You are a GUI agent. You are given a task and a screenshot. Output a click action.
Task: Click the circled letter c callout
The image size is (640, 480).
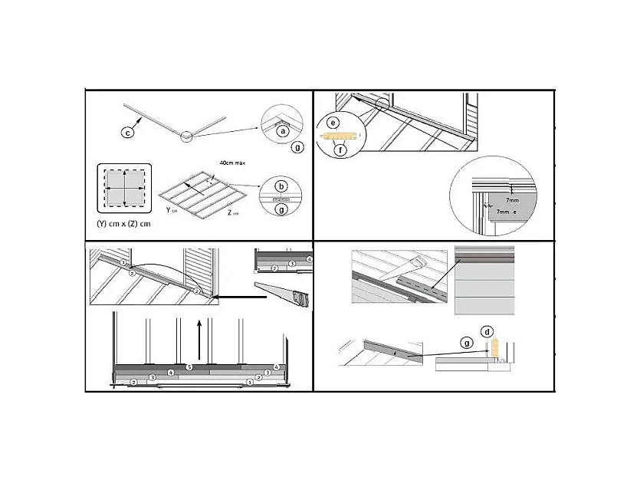coord(128,133)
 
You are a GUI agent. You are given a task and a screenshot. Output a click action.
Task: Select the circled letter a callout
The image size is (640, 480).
coord(282,131)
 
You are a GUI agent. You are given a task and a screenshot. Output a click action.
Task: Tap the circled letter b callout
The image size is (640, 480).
coord(282,186)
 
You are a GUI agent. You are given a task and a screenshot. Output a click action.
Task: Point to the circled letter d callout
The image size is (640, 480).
coord(487,331)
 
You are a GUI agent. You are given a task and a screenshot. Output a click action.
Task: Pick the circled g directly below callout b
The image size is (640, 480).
coord(282,207)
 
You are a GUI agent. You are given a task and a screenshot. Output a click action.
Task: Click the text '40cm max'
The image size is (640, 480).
coord(231,163)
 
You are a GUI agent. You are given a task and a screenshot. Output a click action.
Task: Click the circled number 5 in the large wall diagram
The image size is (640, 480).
coord(189,368)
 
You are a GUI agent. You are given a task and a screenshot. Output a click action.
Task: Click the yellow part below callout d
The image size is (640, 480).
coord(496,349)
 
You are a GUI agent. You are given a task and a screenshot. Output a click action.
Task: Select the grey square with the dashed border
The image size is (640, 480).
coord(124,186)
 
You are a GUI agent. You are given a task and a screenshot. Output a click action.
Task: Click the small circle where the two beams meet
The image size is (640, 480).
coord(185,137)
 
